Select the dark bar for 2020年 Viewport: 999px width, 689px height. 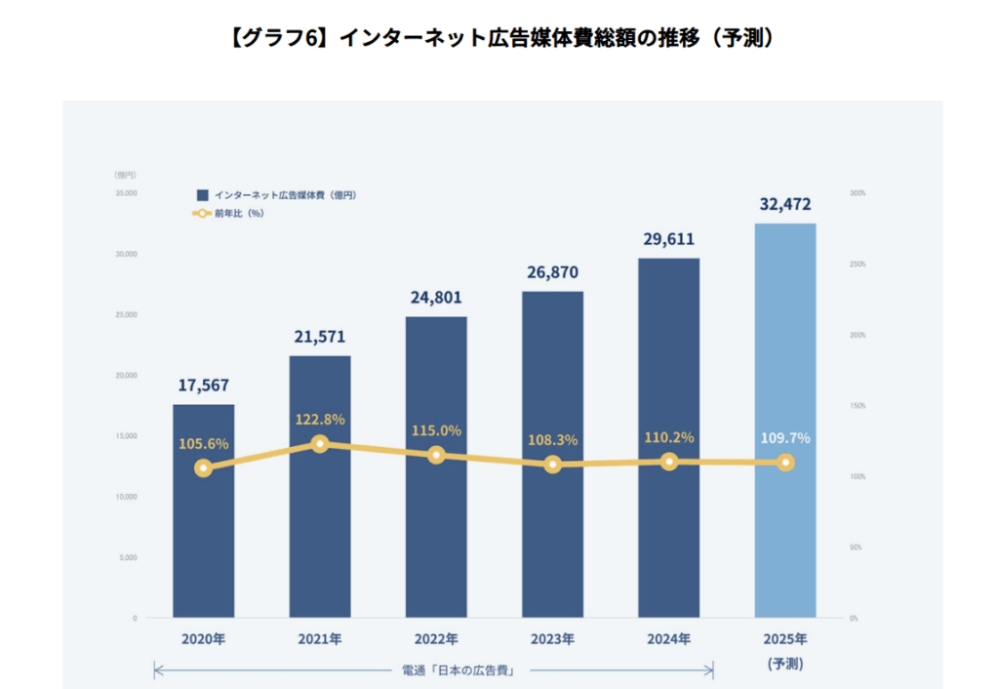[x=204, y=547]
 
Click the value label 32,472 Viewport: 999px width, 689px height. [x=785, y=205]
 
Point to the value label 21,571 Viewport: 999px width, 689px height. [x=320, y=337]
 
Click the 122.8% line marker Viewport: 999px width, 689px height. [x=320, y=444]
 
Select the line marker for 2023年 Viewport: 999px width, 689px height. [x=553, y=465]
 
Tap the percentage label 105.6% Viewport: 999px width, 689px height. [x=204, y=444]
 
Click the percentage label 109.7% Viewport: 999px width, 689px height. [x=785, y=438]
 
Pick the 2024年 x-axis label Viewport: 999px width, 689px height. [x=669, y=640]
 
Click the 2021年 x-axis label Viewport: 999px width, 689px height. [x=320, y=640]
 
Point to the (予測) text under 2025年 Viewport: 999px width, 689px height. [x=785, y=664]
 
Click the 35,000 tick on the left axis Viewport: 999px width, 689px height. [x=125, y=193]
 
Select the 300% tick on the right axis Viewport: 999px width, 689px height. [x=858, y=193]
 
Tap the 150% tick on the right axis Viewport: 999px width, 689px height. [x=858, y=406]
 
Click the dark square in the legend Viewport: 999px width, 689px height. [x=202, y=195]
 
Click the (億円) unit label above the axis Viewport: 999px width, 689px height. [x=125, y=174]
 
